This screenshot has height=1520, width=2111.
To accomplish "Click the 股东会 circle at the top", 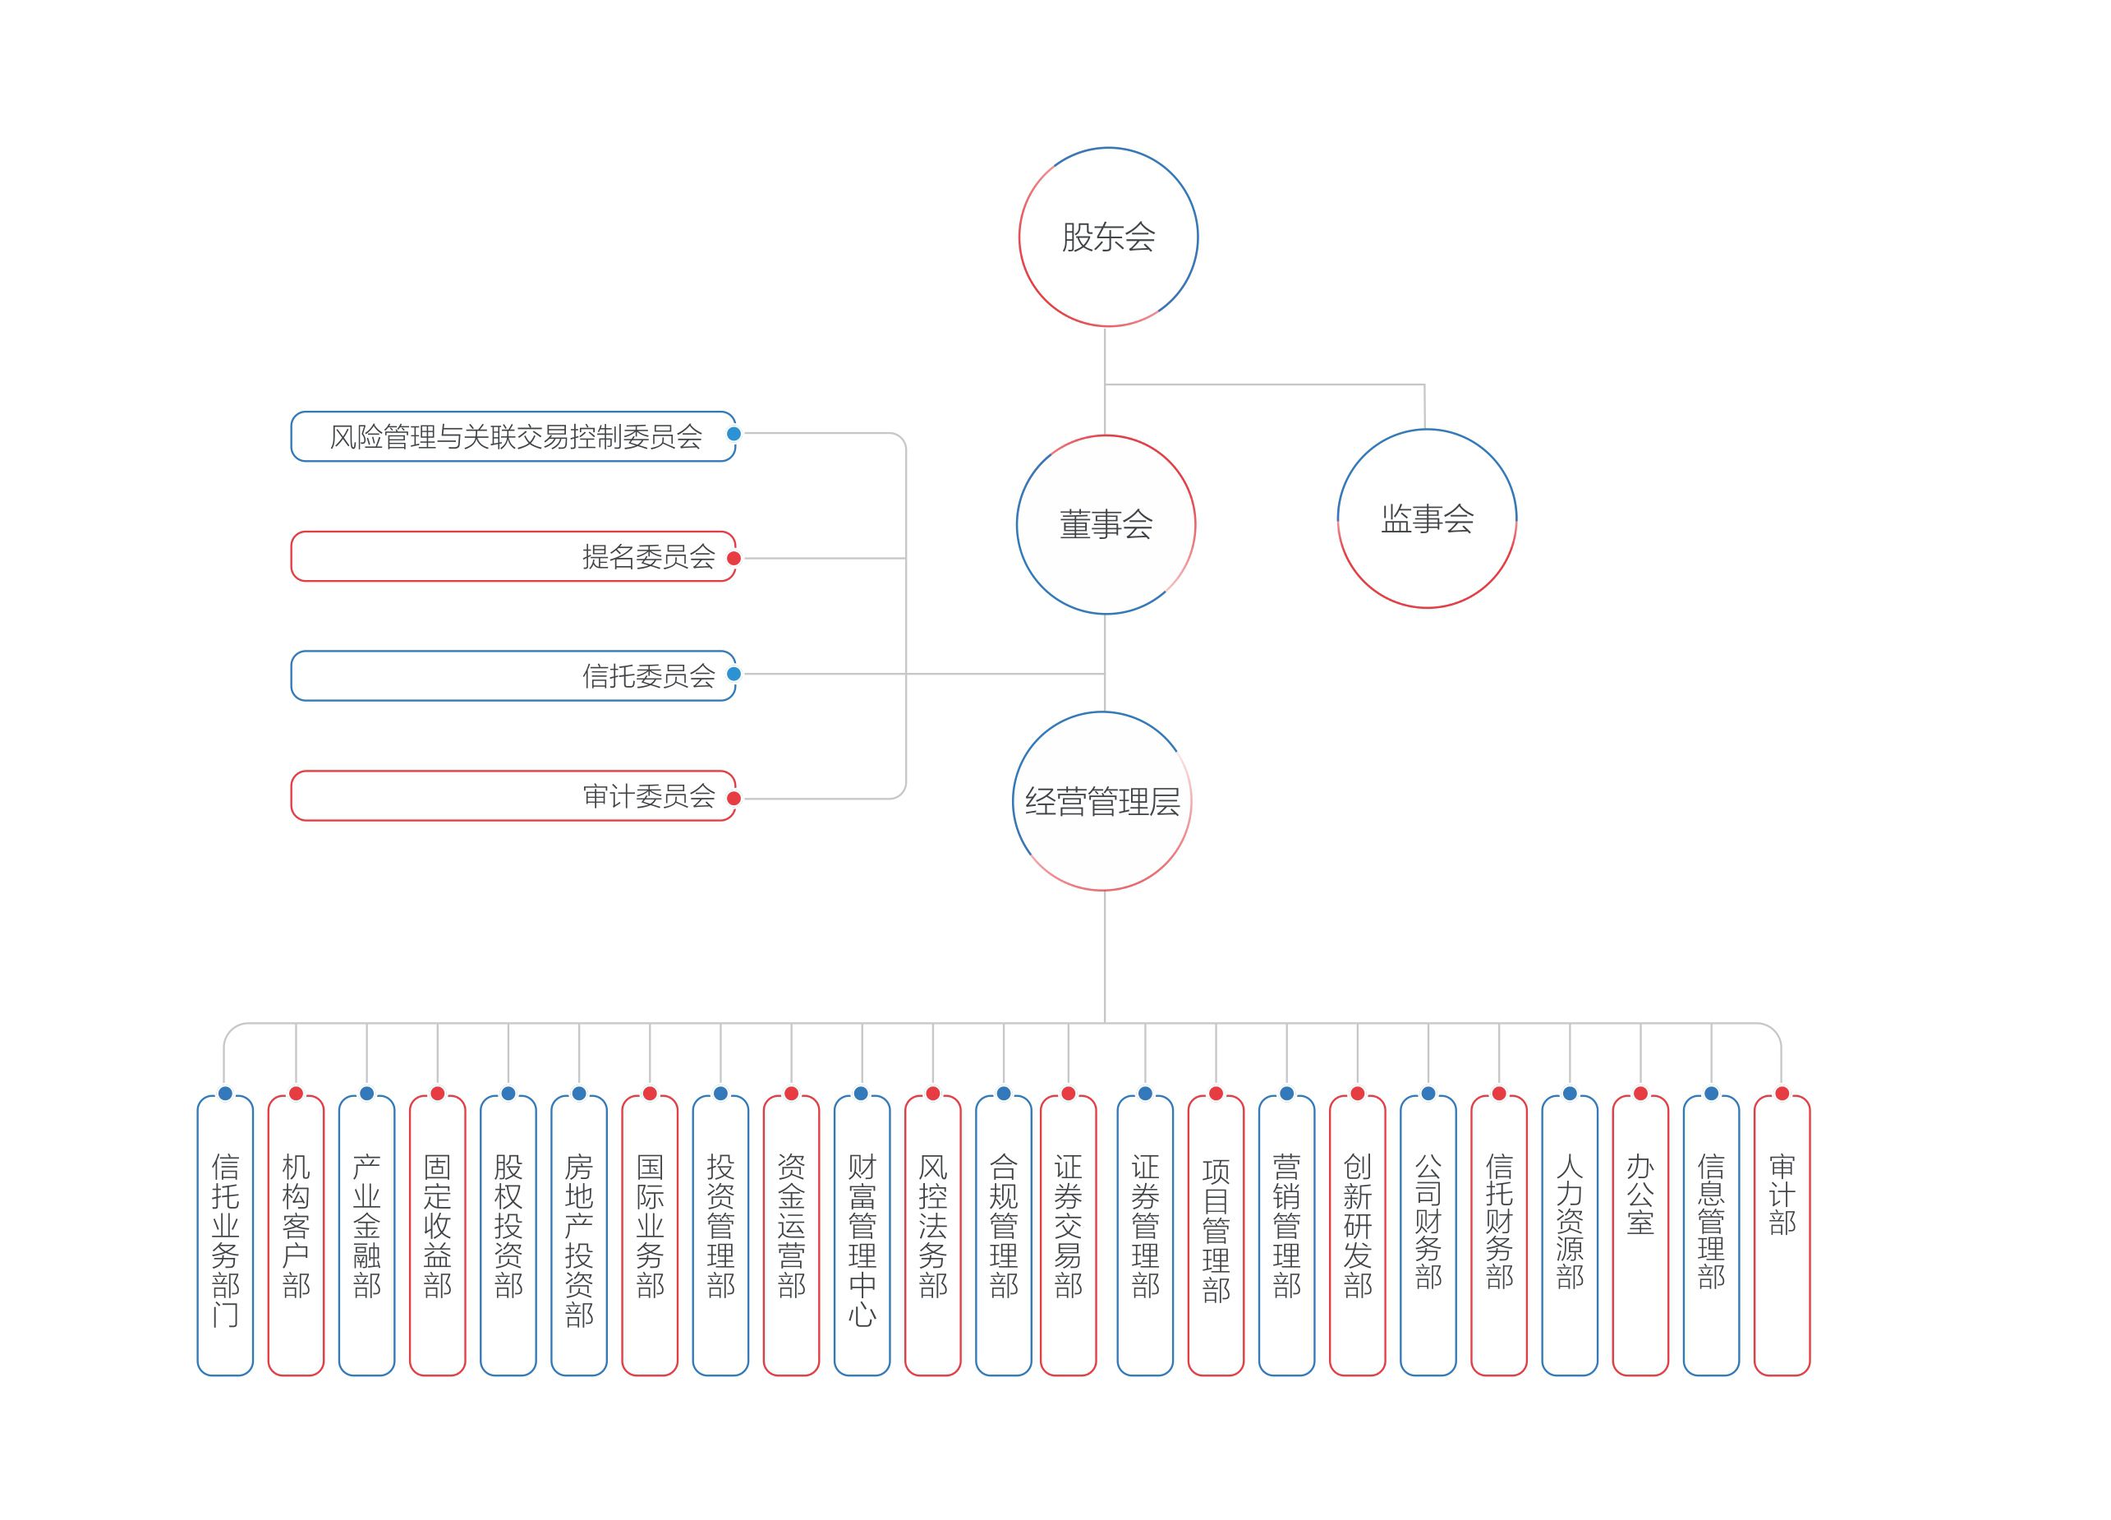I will click(x=1107, y=237).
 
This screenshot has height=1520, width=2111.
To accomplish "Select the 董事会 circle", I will click(x=1106, y=525).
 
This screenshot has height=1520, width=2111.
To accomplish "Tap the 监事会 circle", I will click(x=1427, y=518).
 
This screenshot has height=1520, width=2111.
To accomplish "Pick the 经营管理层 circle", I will click(x=1102, y=801).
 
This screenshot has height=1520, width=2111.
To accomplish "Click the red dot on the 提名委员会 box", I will click(x=734, y=559).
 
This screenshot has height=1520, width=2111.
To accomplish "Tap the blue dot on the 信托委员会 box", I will click(x=734, y=674).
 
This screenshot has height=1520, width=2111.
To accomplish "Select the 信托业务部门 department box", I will click(x=225, y=1236).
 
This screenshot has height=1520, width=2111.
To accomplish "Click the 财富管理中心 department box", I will click(x=862, y=1236).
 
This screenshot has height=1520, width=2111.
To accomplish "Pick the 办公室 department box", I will click(x=1640, y=1236).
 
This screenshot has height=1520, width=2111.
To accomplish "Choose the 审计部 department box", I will click(x=1782, y=1236).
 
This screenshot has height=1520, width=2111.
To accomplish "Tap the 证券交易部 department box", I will click(x=1069, y=1236).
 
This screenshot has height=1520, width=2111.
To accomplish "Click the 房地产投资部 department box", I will click(x=579, y=1236).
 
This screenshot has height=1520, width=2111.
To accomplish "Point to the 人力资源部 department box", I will click(x=1570, y=1236).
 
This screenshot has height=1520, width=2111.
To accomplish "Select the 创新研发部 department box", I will click(x=1357, y=1236).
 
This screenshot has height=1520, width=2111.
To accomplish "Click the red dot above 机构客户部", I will click(x=296, y=1094).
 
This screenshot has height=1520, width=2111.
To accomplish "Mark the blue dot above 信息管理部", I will click(x=1711, y=1094).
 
